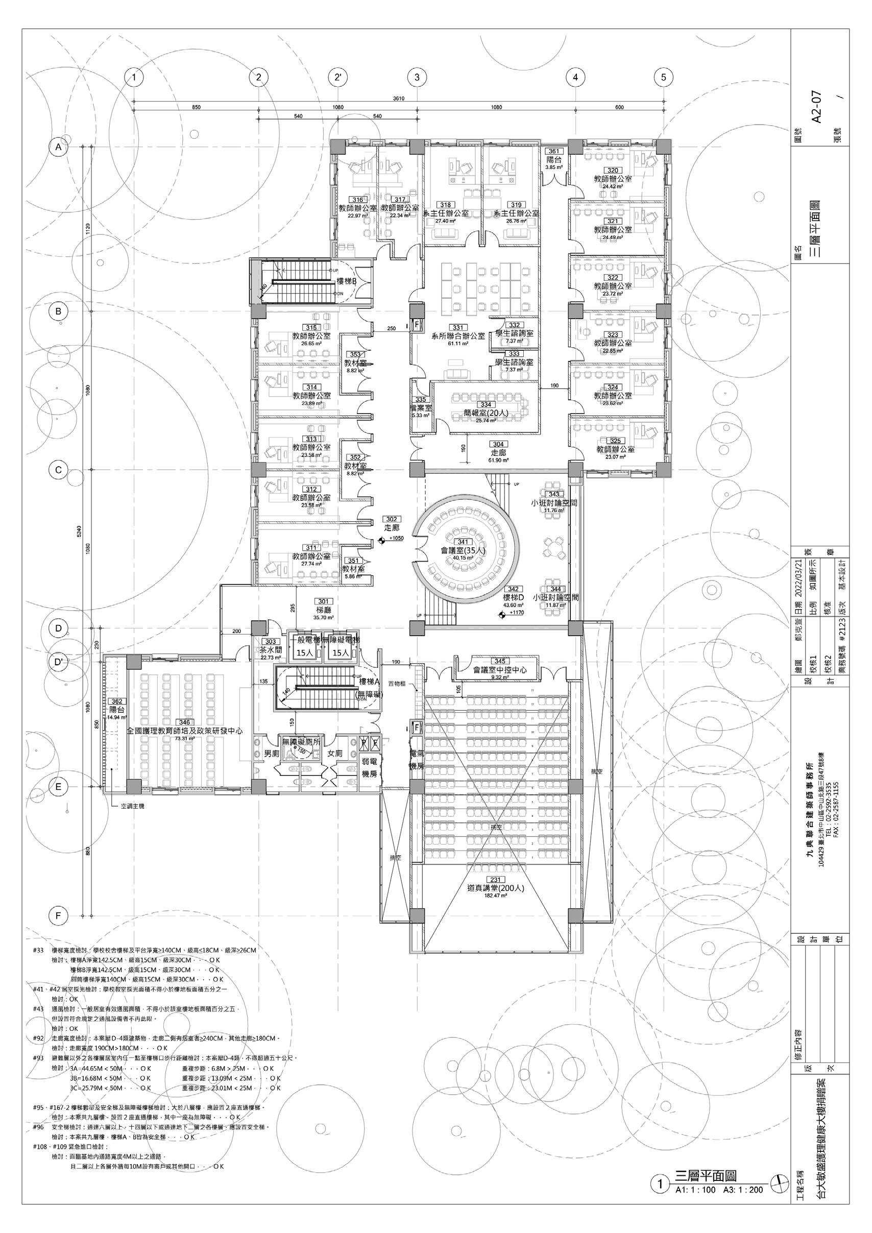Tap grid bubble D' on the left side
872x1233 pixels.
(x=59, y=662)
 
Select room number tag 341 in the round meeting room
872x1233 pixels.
(x=462, y=542)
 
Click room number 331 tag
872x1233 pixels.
(x=458, y=327)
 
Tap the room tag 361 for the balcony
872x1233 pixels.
(x=553, y=152)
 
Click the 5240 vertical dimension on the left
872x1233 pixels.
(x=79, y=531)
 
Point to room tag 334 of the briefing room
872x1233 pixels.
(x=486, y=404)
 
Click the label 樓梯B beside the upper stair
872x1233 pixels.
(x=347, y=281)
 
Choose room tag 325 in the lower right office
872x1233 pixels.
(x=615, y=441)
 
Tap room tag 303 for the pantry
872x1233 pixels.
(x=270, y=641)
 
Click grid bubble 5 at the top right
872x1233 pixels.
(x=664, y=77)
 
